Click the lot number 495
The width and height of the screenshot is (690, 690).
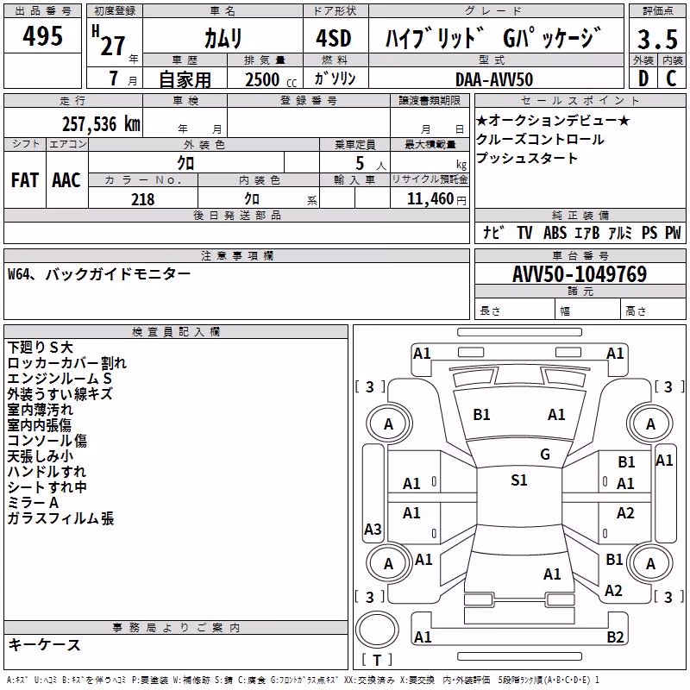(42, 35)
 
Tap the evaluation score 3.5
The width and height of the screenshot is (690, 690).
(657, 39)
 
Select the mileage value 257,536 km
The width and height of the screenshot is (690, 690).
(101, 124)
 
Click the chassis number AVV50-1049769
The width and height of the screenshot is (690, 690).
(580, 273)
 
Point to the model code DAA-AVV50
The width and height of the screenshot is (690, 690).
(494, 79)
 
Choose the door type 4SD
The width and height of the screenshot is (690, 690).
(334, 38)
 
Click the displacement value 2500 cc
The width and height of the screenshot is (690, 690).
(271, 79)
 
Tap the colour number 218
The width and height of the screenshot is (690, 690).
(143, 199)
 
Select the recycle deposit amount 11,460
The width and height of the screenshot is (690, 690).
(430, 199)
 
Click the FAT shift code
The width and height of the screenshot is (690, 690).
(25, 180)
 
